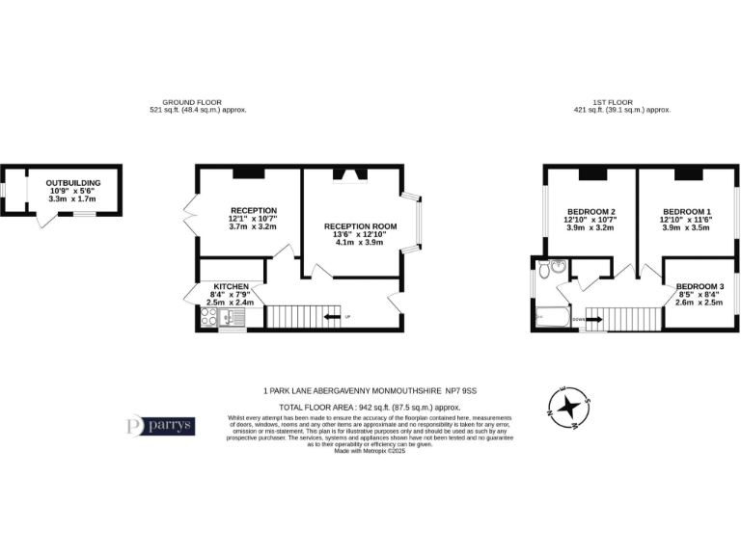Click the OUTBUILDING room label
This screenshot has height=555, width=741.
(x=72, y=182)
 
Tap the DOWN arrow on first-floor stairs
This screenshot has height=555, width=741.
(x=579, y=317)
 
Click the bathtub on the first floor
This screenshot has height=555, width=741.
(x=553, y=315)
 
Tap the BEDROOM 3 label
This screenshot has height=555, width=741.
(x=700, y=287)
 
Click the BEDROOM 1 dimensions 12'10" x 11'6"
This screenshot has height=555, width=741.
(x=687, y=220)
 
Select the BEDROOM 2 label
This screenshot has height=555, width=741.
(x=591, y=211)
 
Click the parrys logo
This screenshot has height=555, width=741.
(x=161, y=425)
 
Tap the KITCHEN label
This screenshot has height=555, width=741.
(x=232, y=287)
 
